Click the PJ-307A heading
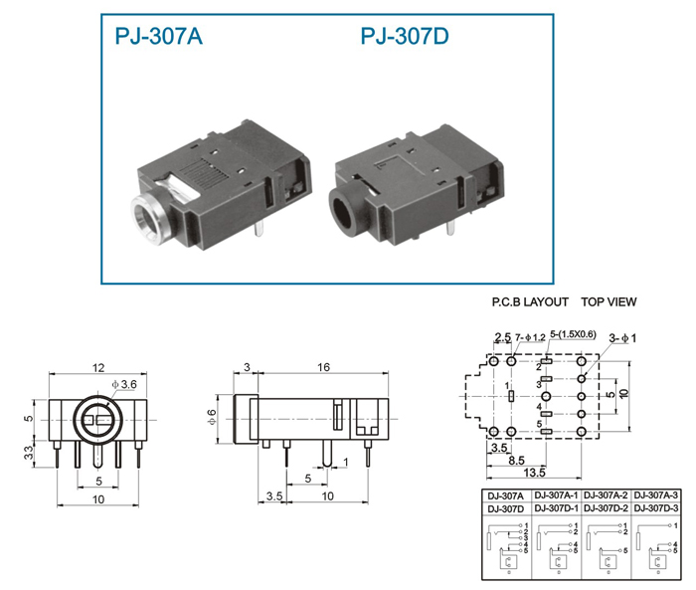pos(158,36)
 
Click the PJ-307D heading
pos(405,36)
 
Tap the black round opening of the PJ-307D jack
pos(343,210)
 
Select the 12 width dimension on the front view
pos(98,367)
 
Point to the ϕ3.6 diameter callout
pos(124,384)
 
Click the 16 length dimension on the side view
pos(323,367)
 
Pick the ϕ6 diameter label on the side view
pos(212,417)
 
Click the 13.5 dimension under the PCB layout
pos(534,473)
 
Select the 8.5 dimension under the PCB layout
pos(516,461)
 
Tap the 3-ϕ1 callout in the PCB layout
pos(622,338)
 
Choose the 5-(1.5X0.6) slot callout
pos(573,334)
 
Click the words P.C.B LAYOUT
pos(530,302)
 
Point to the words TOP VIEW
pos(609,302)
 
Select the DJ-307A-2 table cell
pos(606,494)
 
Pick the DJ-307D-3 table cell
pos(655,507)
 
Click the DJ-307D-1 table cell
pos(556,507)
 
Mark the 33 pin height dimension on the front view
pos(29,453)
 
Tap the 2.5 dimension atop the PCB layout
pos(503,337)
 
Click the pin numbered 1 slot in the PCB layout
pos(511,396)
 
